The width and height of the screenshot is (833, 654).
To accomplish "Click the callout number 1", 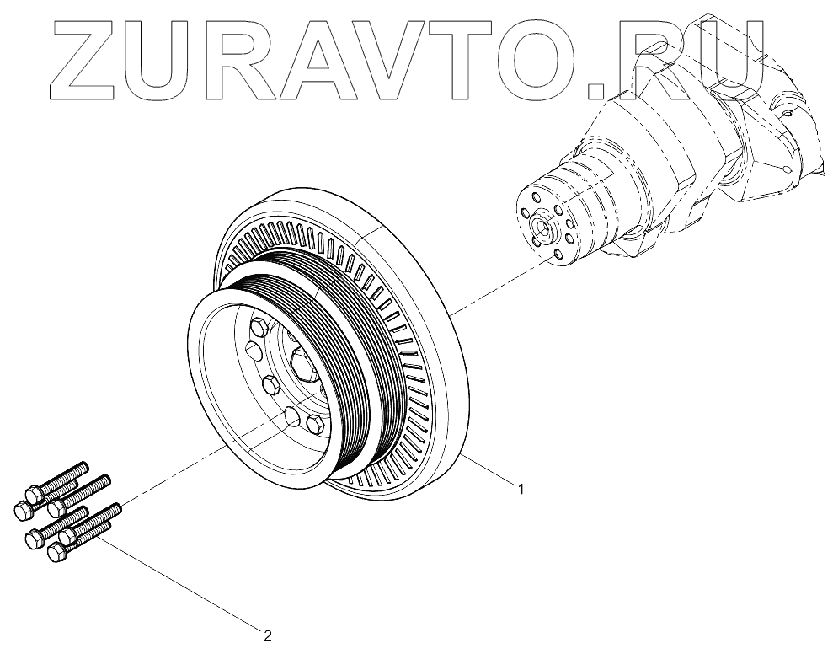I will [521, 489].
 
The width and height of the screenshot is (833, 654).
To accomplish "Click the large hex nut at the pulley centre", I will [301, 366].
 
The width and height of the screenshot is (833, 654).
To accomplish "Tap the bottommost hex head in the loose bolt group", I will [57, 553].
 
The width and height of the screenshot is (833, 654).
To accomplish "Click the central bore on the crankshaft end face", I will [539, 225].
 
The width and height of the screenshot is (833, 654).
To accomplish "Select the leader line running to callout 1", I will [489, 471].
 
